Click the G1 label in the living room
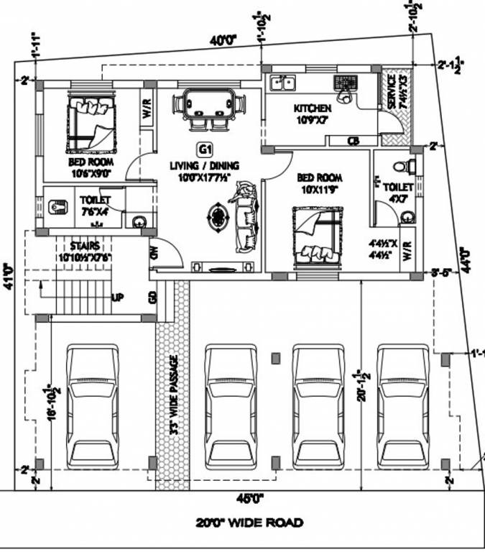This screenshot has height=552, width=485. pyautogui.click(x=205, y=150)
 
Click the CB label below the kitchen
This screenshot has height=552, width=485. pyautogui.click(x=354, y=140)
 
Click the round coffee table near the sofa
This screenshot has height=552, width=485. pyautogui.click(x=216, y=215)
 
